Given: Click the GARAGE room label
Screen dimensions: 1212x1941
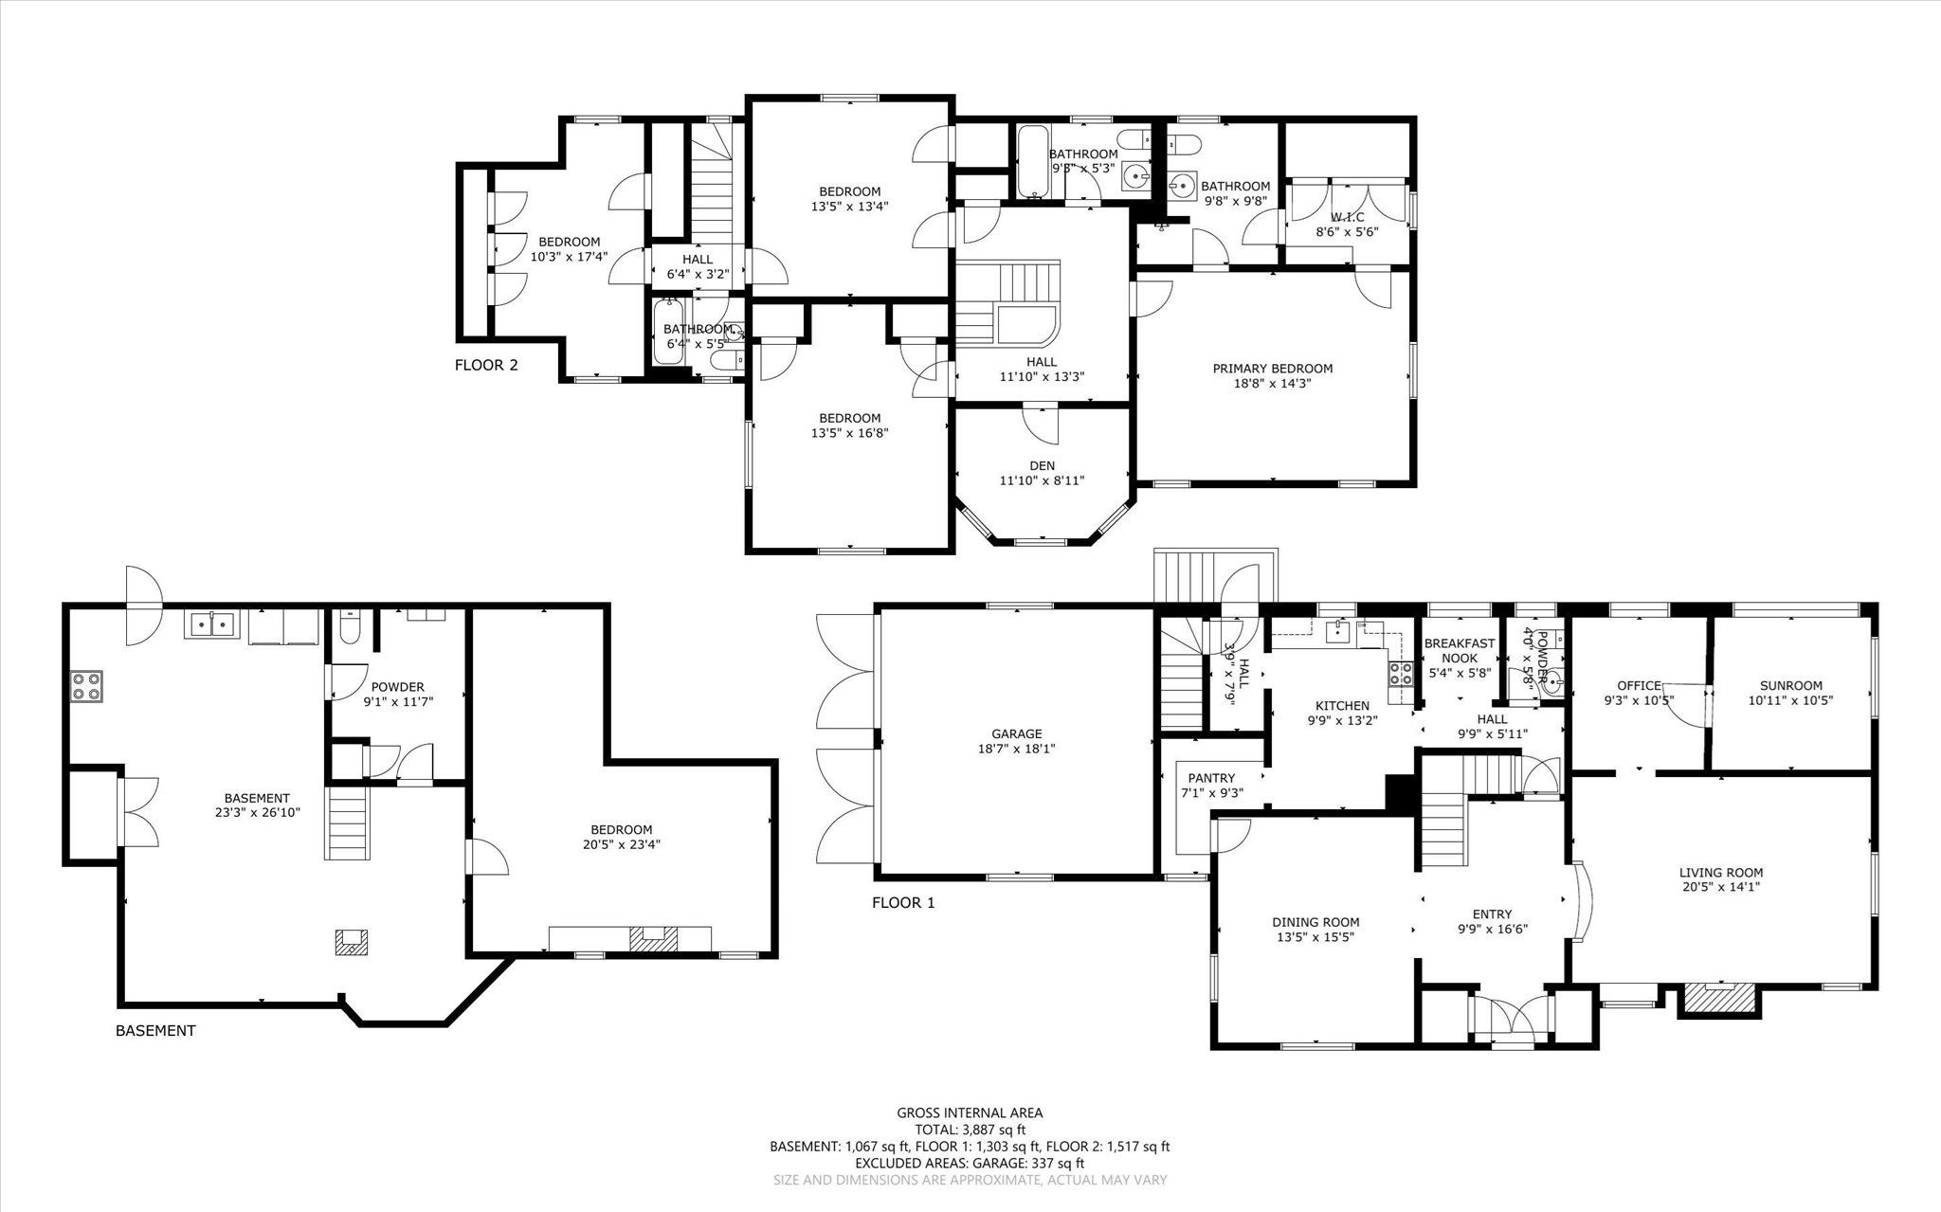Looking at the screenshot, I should point(1016,733).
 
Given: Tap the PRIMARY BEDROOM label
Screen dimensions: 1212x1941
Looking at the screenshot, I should point(1272,369).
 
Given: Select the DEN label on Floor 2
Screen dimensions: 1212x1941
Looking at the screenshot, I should point(1042,465).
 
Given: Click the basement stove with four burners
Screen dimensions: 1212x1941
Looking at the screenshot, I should point(86,685).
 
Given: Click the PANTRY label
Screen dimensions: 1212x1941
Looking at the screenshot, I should point(1211,778).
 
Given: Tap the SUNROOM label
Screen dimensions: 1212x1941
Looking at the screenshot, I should point(1790,686).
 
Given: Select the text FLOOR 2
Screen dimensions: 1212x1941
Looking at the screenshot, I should point(486,365).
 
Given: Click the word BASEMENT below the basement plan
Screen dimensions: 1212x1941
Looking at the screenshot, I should point(155,1030).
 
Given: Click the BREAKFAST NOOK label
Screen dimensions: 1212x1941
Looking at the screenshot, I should point(1460,650).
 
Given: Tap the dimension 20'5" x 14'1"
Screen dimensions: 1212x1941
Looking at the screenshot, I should point(1720,888).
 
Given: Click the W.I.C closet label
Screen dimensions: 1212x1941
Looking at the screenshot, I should point(1346,217).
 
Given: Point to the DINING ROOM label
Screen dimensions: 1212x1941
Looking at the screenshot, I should point(1315,922).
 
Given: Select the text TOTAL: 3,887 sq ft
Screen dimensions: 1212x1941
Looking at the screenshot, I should point(970,1130).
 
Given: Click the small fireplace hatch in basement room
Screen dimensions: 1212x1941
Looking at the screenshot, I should point(351,941).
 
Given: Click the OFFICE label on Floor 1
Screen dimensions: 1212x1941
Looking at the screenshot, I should point(1639,686).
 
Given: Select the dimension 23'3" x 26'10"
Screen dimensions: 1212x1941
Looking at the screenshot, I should point(257,812).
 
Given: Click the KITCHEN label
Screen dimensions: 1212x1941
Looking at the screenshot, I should point(1342,705).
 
